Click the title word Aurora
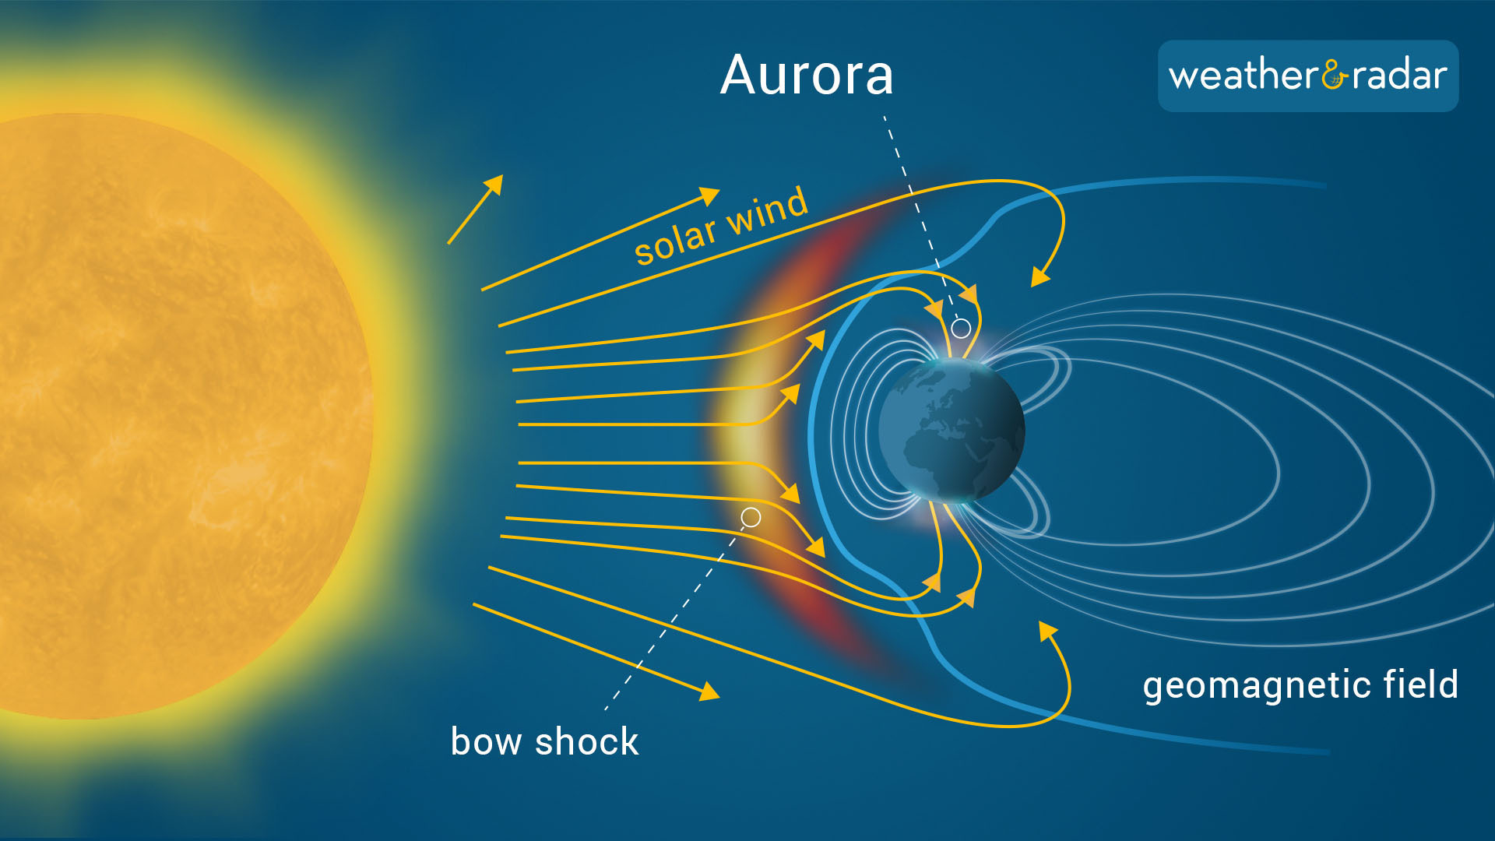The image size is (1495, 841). (x=807, y=76)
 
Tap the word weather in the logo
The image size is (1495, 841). (x=1243, y=76)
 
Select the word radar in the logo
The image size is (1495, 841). (x=1400, y=76)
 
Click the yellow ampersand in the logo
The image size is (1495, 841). (x=1335, y=75)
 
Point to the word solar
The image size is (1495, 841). (x=675, y=240)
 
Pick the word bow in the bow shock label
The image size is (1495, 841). (x=486, y=741)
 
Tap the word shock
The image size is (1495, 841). (x=587, y=741)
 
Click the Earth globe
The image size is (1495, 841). (x=952, y=430)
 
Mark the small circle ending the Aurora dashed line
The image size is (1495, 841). (x=962, y=329)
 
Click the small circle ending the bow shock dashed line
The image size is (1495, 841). (x=751, y=517)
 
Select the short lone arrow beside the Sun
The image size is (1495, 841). (x=475, y=209)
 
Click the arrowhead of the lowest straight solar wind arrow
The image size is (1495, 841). (x=709, y=691)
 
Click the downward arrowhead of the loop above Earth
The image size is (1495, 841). (x=1040, y=276)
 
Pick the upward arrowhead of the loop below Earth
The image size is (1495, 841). (x=1048, y=631)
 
